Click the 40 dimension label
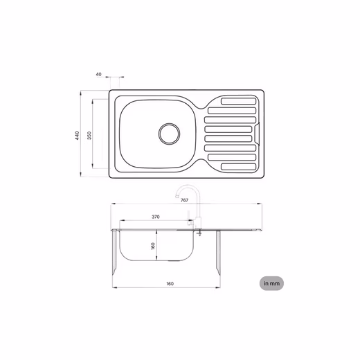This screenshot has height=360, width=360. pyautogui.click(x=98, y=74)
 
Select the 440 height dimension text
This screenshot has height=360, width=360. pyautogui.click(x=77, y=136)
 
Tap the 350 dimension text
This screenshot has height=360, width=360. pyautogui.click(x=89, y=136)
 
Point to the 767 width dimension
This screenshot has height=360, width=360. pyautogui.click(x=184, y=200)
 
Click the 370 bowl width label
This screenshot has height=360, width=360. pyautogui.click(x=156, y=217)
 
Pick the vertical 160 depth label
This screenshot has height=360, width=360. pyautogui.click(x=152, y=246)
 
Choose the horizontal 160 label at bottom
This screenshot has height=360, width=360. pyautogui.click(x=170, y=284)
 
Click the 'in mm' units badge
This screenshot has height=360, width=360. pyautogui.click(x=271, y=283)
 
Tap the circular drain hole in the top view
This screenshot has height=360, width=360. pyautogui.click(x=170, y=134)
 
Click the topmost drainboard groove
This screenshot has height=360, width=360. pyautogui.click(x=239, y=101)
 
